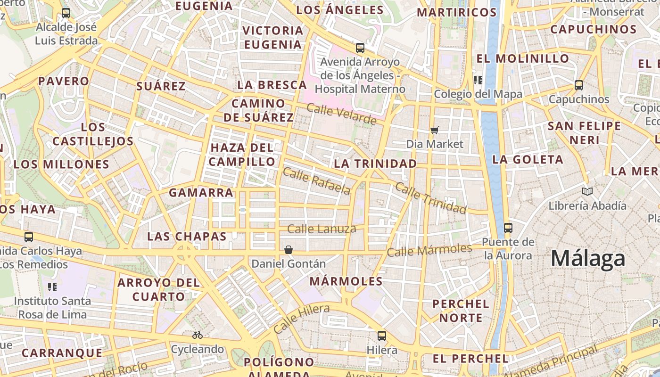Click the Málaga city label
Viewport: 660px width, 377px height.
[x=588, y=258]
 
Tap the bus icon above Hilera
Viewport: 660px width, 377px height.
[x=382, y=336]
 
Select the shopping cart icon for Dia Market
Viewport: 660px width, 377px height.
[x=434, y=130]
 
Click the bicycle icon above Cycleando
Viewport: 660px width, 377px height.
[x=198, y=336]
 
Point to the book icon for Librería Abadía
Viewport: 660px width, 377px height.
[x=587, y=191]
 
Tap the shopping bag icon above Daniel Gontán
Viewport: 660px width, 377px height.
[x=288, y=249]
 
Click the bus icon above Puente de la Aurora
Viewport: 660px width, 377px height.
[x=508, y=228]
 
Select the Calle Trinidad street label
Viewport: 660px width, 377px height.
[x=430, y=197]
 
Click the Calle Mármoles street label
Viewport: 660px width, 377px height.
[x=429, y=250]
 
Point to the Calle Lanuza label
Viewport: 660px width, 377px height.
[x=322, y=229]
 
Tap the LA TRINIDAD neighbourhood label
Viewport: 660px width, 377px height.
[x=375, y=164]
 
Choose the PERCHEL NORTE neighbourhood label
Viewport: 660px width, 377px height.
[x=461, y=311]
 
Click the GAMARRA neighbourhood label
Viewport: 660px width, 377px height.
[x=201, y=192]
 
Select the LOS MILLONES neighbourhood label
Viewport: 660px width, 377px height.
[x=61, y=164]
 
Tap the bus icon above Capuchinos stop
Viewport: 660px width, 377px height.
[x=578, y=85]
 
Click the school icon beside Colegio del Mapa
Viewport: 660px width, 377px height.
[x=478, y=80]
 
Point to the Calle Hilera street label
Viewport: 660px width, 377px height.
[x=301, y=319]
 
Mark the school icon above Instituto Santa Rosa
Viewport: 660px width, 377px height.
[x=52, y=287]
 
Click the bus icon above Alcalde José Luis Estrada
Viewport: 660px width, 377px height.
[x=66, y=13]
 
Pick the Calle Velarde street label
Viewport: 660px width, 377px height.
[x=341, y=115]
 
